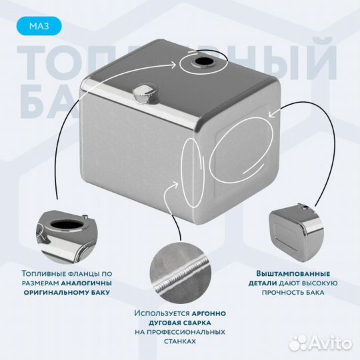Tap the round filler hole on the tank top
pos(199,64)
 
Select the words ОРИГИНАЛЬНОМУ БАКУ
pos(64,292)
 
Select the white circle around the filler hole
pos(199,64)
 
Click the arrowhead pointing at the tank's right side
pos(269,115)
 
